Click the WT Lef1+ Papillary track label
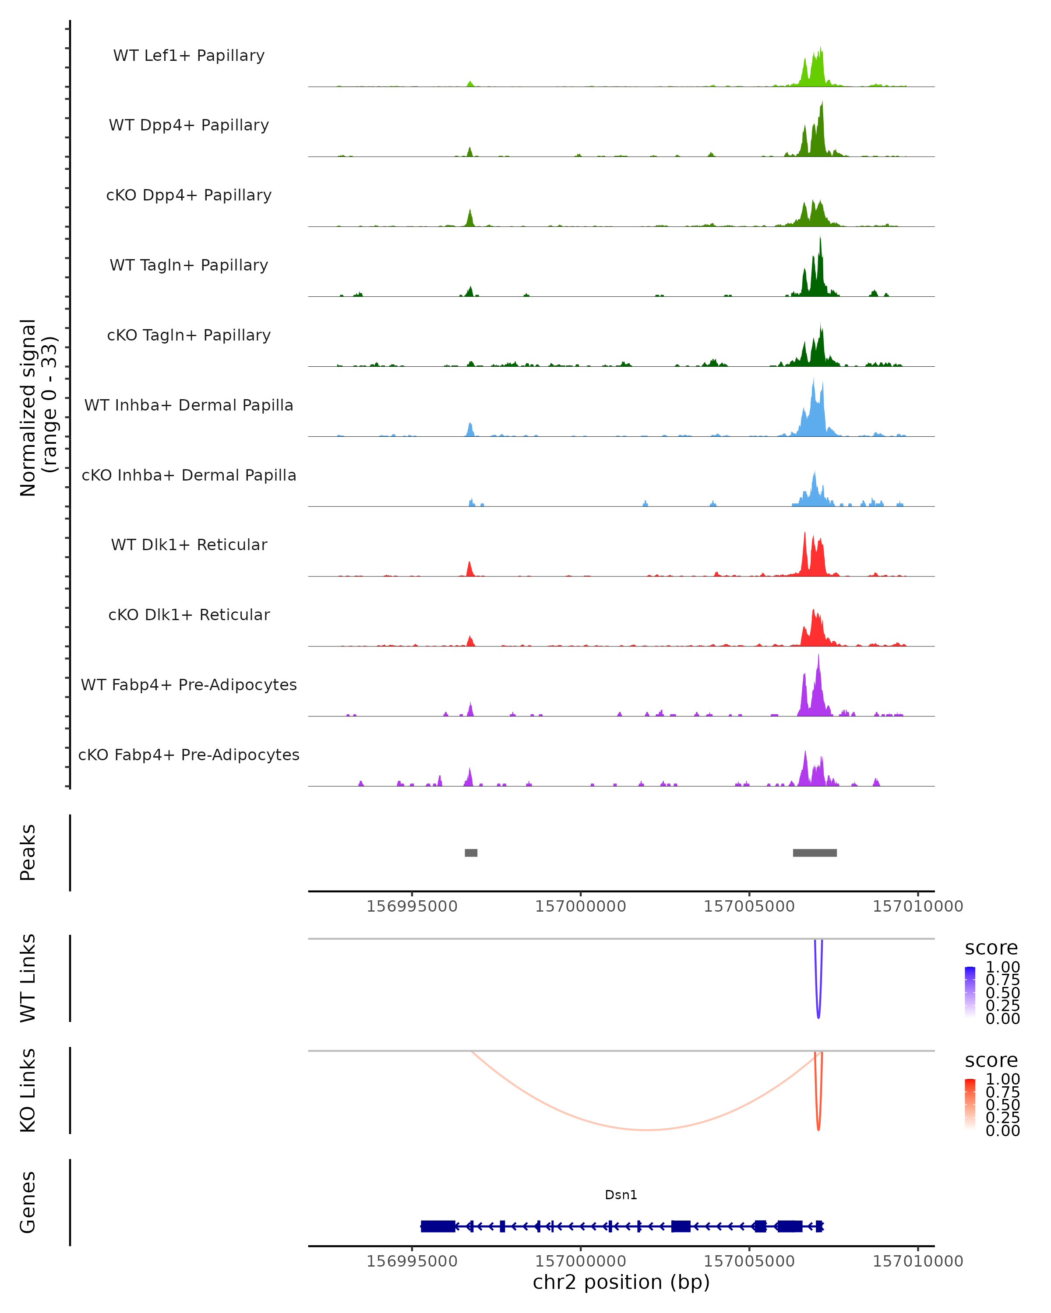pos(189,56)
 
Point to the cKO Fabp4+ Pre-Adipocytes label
pos(189,755)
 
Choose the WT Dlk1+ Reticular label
pos(189,544)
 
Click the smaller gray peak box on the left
pos(471,853)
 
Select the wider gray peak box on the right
pos(815,853)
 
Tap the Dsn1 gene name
pos(621,1195)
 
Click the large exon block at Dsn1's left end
pos(437,1226)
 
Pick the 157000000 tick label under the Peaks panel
pos(581,906)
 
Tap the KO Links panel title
pos(28,1090)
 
